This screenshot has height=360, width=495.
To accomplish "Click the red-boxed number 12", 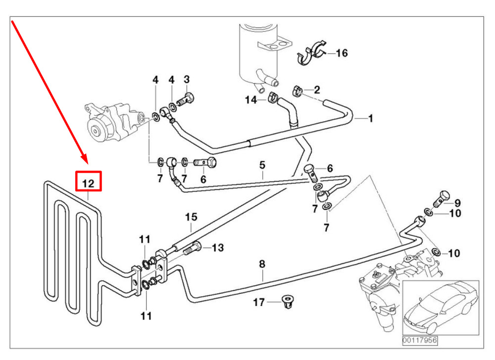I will (x=88, y=182).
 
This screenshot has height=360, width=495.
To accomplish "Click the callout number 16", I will (x=342, y=53).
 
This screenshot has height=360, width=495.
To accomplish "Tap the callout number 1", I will (x=370, y=118).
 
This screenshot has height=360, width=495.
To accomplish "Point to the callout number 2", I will (x=317, y=90).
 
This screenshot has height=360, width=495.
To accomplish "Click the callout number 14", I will (x=251, y=100).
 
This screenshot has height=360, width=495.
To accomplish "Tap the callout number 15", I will (x=192, y=217).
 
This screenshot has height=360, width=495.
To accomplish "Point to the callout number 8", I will (x=262, y=264).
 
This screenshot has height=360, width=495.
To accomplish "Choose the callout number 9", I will (x=457, y=202).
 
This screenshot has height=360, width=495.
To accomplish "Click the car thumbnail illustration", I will (x=440, y=307).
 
